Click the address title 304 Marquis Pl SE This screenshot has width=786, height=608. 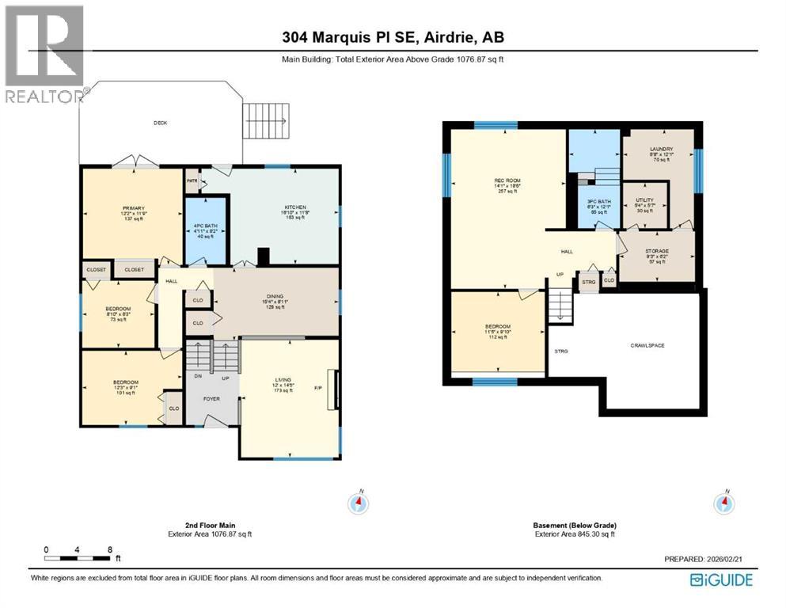tap(393, 36)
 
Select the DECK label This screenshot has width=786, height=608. tap(161, 123)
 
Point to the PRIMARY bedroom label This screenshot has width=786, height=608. tap(132, 208)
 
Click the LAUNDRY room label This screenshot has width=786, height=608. tap(660, 149)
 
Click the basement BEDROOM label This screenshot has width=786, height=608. tap(498, 327)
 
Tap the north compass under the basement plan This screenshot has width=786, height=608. tap(723, 502)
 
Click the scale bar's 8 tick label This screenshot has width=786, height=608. tap(109, 549)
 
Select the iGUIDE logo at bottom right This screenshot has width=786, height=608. tap(721, 579)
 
